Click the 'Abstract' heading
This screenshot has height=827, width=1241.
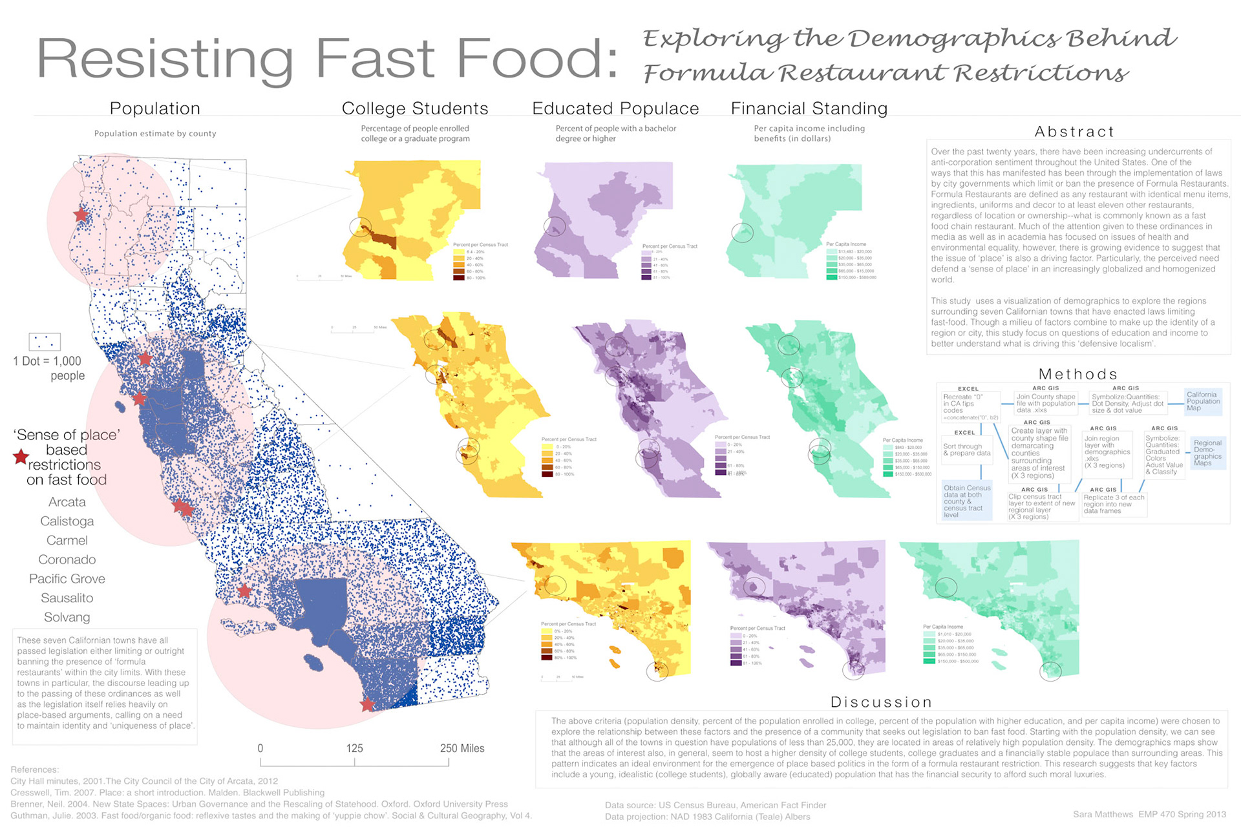1074,132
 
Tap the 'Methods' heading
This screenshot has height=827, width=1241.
1077,374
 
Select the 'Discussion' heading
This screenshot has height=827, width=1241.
881,702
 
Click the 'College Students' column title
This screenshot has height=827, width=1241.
415,109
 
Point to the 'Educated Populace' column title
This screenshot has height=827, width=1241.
615,109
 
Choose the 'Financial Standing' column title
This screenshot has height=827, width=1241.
809,109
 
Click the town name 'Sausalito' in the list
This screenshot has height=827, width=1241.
67,598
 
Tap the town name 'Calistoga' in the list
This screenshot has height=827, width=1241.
67,521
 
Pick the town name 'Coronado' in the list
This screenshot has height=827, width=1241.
67,560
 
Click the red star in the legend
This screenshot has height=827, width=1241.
21,457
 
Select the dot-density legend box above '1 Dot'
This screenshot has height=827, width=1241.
45,341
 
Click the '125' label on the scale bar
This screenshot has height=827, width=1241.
354,748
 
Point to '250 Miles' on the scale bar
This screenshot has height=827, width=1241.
461,748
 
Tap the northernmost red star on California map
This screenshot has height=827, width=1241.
81,215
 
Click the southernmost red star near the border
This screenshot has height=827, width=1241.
367,704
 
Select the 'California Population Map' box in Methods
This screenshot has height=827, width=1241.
1203,401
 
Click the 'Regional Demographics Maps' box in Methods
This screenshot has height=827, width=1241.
1207,453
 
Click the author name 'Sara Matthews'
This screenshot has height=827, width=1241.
1103,814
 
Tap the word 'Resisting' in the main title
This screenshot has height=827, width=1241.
165,59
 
